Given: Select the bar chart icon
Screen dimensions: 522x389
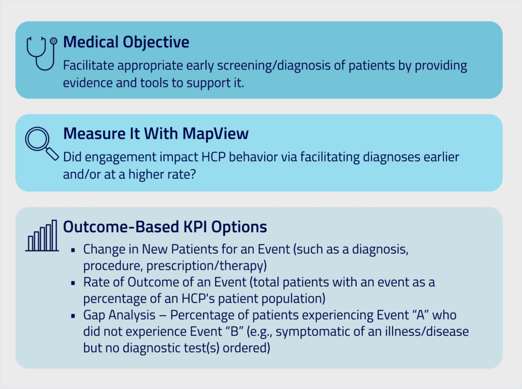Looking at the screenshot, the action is point(42,235).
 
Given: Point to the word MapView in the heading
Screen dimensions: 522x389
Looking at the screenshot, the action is point(216,134).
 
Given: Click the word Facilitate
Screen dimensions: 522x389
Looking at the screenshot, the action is point(89,65).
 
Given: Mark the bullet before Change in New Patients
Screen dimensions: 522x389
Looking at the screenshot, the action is point(73,250).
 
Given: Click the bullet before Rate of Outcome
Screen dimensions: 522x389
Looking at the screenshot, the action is point(73,283).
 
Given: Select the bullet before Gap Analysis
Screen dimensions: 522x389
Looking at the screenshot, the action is point(73,315).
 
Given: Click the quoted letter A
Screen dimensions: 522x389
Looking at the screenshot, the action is point(421,314).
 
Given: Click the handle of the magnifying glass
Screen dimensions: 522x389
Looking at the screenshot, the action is point(52,154).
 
